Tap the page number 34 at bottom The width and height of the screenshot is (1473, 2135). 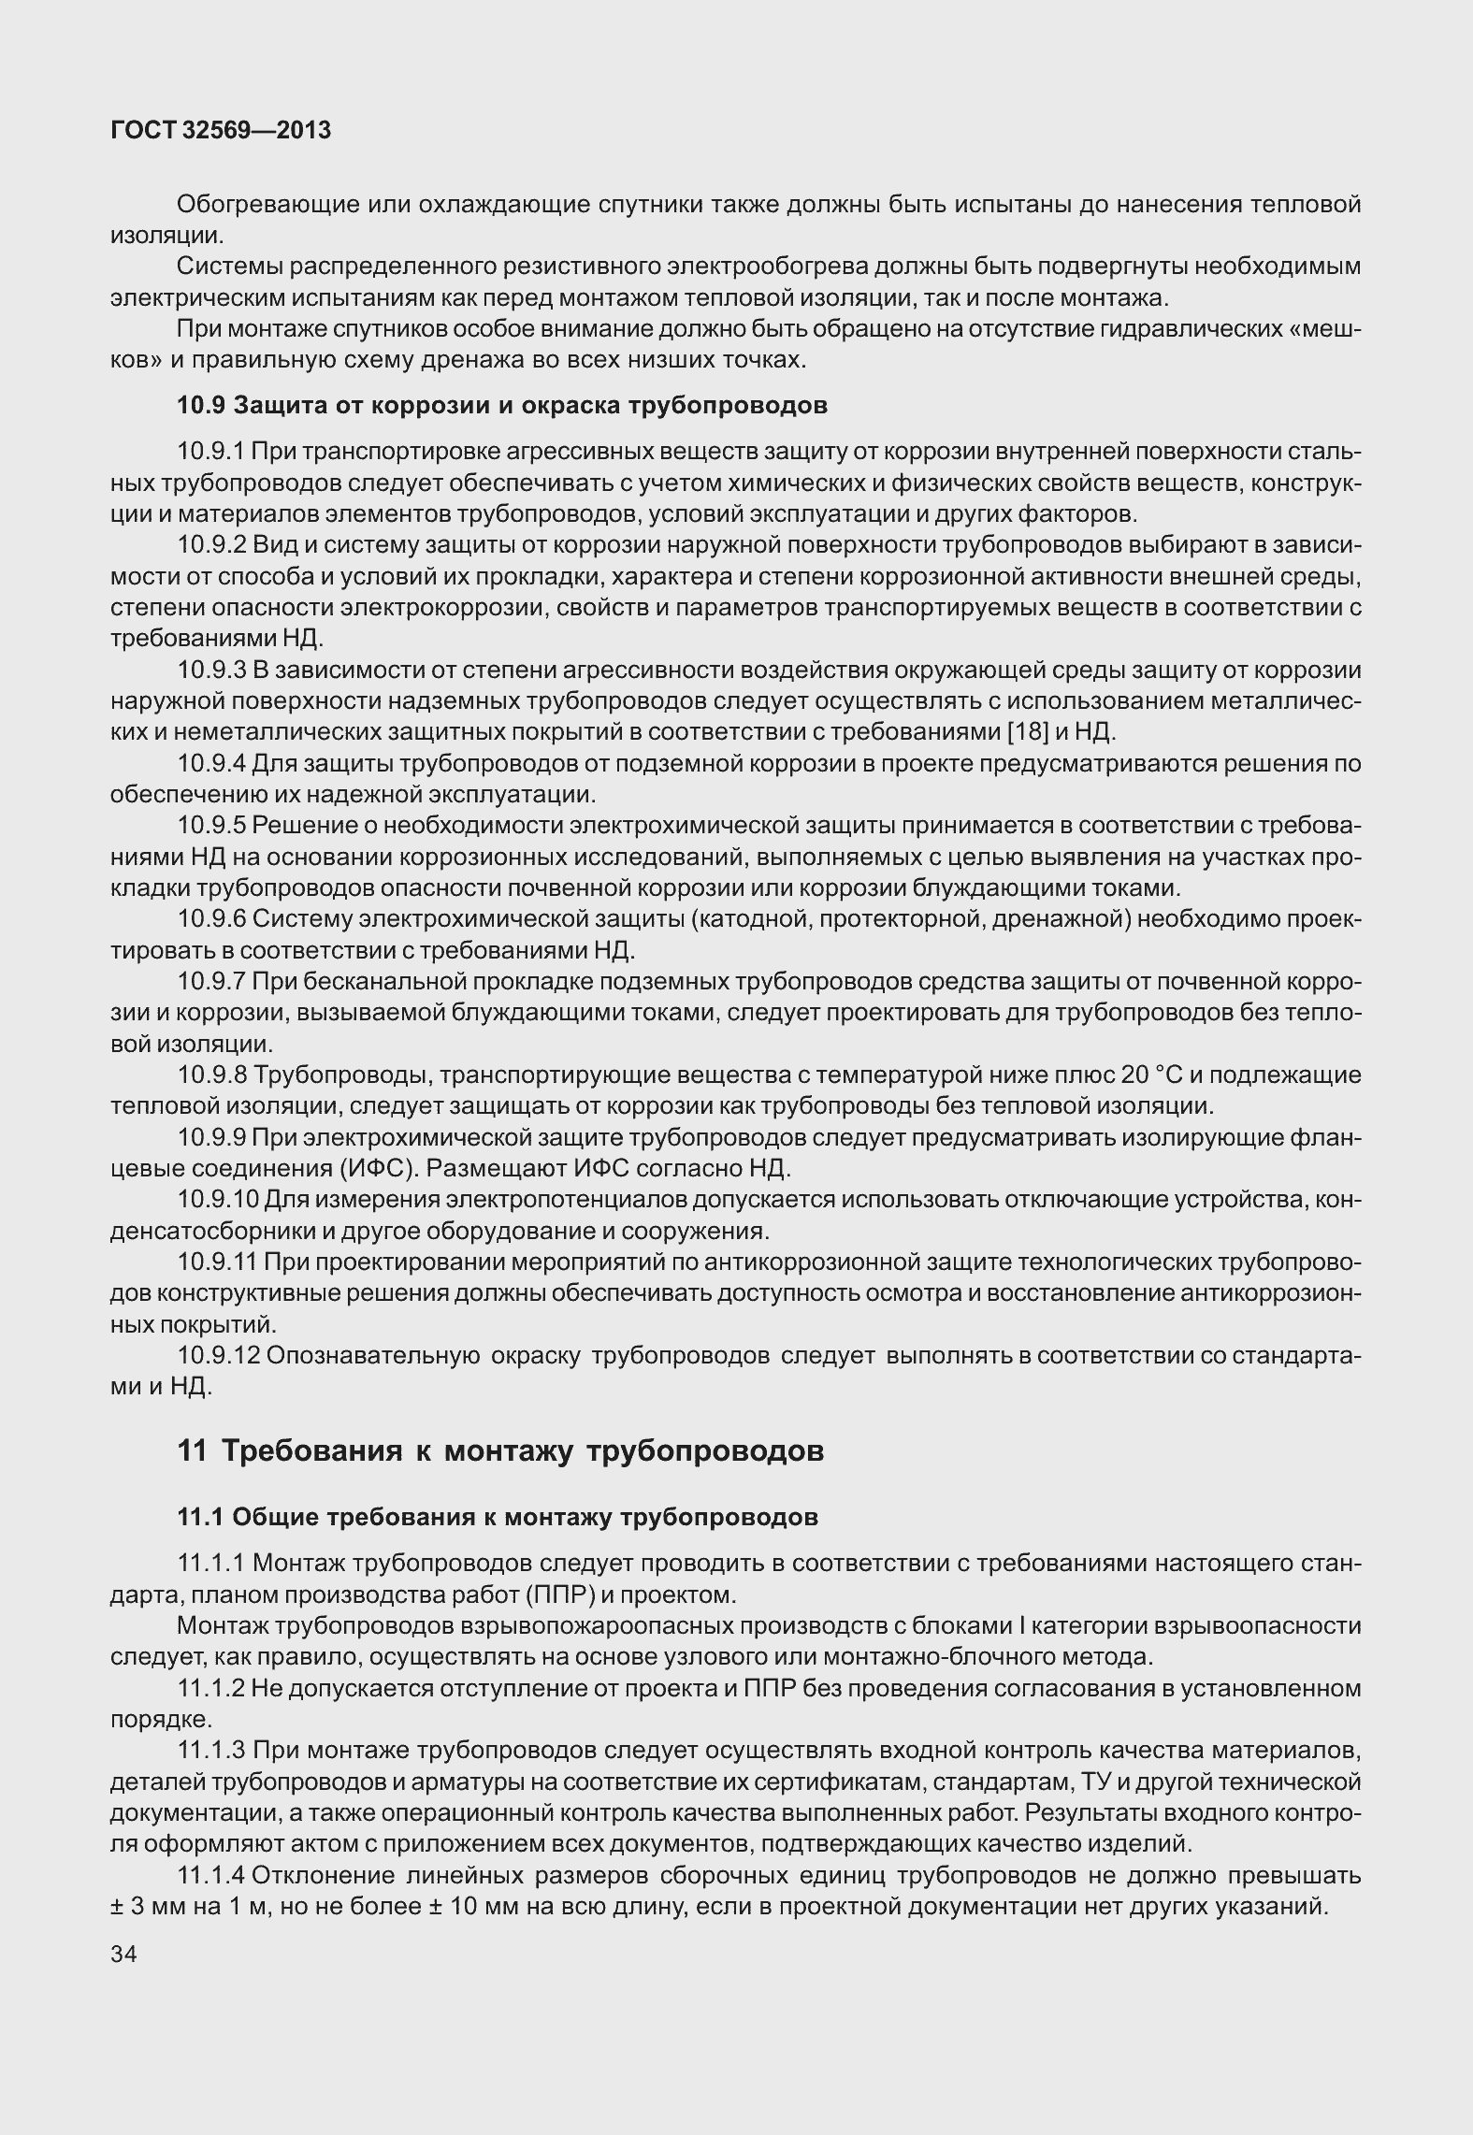point(123,1954)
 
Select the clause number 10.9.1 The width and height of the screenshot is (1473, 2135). point(210,452)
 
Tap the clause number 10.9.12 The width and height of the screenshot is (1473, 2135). point(218,1355)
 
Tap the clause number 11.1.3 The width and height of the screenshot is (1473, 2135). point(211,1750)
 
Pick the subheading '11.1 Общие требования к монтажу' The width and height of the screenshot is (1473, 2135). point(498,1517)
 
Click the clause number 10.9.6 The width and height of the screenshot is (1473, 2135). point(210,919)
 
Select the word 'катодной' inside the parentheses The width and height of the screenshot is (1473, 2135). point(752,919)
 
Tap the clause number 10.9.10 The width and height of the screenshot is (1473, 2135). point(218,1200)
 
